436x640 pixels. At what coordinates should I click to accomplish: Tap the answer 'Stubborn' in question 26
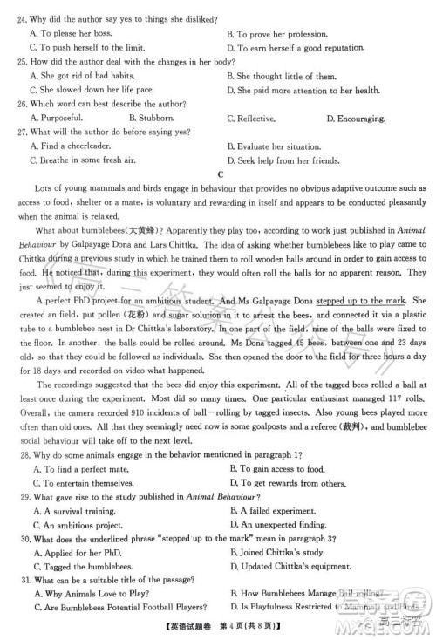point(159,117)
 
